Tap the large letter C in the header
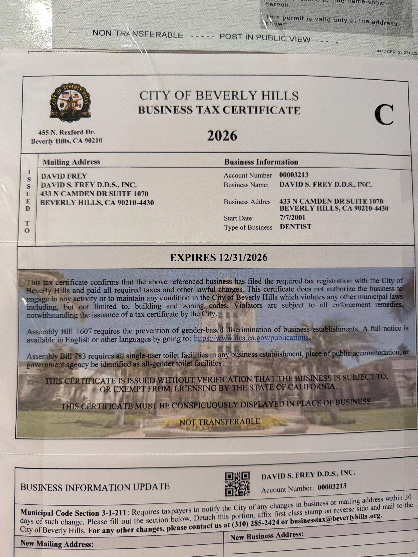point(384,115)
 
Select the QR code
point(237,484)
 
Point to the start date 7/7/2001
point(292,218)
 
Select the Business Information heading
point(261,162)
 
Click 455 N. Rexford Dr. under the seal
point(67,132)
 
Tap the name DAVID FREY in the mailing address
point(64,176)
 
